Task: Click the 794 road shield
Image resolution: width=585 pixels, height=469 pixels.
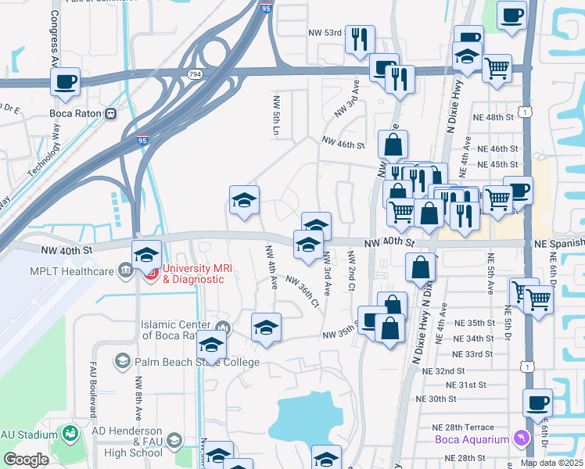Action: (x=193, y=73)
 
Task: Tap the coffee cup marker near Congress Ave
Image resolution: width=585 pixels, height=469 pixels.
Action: (x=66, y=81)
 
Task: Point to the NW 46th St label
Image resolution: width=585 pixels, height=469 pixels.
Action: (x=343, y=145)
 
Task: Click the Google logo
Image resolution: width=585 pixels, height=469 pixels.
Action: (x=27, y=459)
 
